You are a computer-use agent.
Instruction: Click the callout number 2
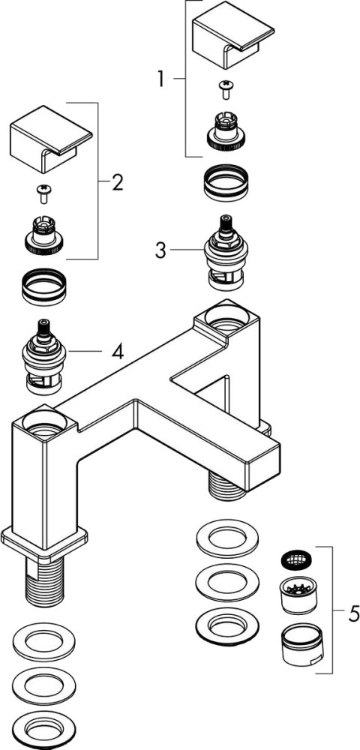tap(118, 182)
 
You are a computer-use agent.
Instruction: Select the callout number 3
tap(160, 250)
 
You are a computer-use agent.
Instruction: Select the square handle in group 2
tap(51, 139)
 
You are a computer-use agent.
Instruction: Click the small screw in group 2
tap(44, 193)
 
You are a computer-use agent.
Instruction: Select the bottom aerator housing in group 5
tap(299, 645)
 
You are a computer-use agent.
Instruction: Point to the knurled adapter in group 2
tap(44, 234)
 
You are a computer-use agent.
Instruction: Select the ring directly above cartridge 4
tap(44, 286)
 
